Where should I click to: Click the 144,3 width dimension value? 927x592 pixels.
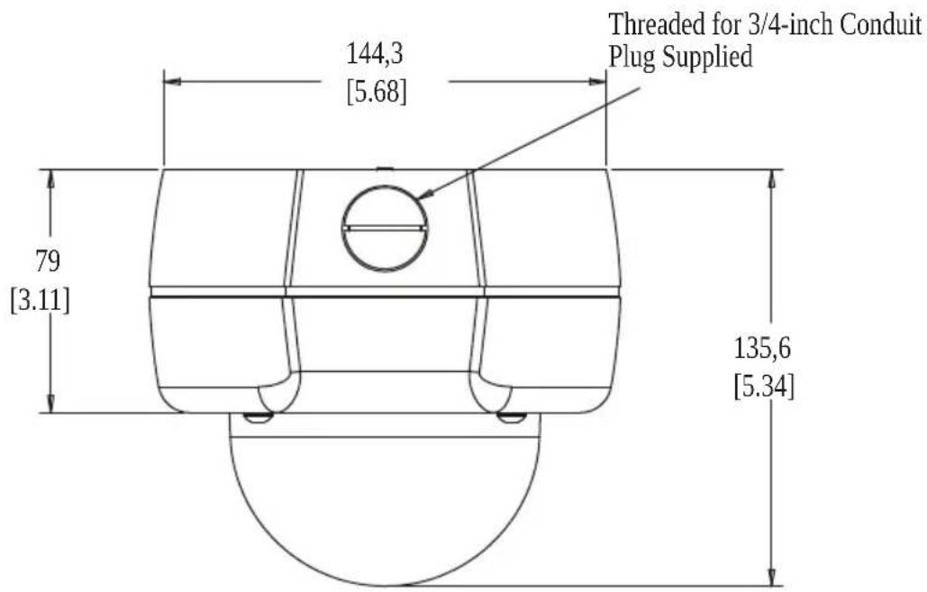[374, 54]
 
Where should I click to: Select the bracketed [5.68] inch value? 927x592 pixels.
[377, 92]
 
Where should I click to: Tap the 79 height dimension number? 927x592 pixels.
[47, 260]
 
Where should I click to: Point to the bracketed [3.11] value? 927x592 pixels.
[41, 300]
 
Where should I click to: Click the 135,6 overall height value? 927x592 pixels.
[762, 349]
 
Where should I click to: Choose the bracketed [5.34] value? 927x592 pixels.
[764, 387]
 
